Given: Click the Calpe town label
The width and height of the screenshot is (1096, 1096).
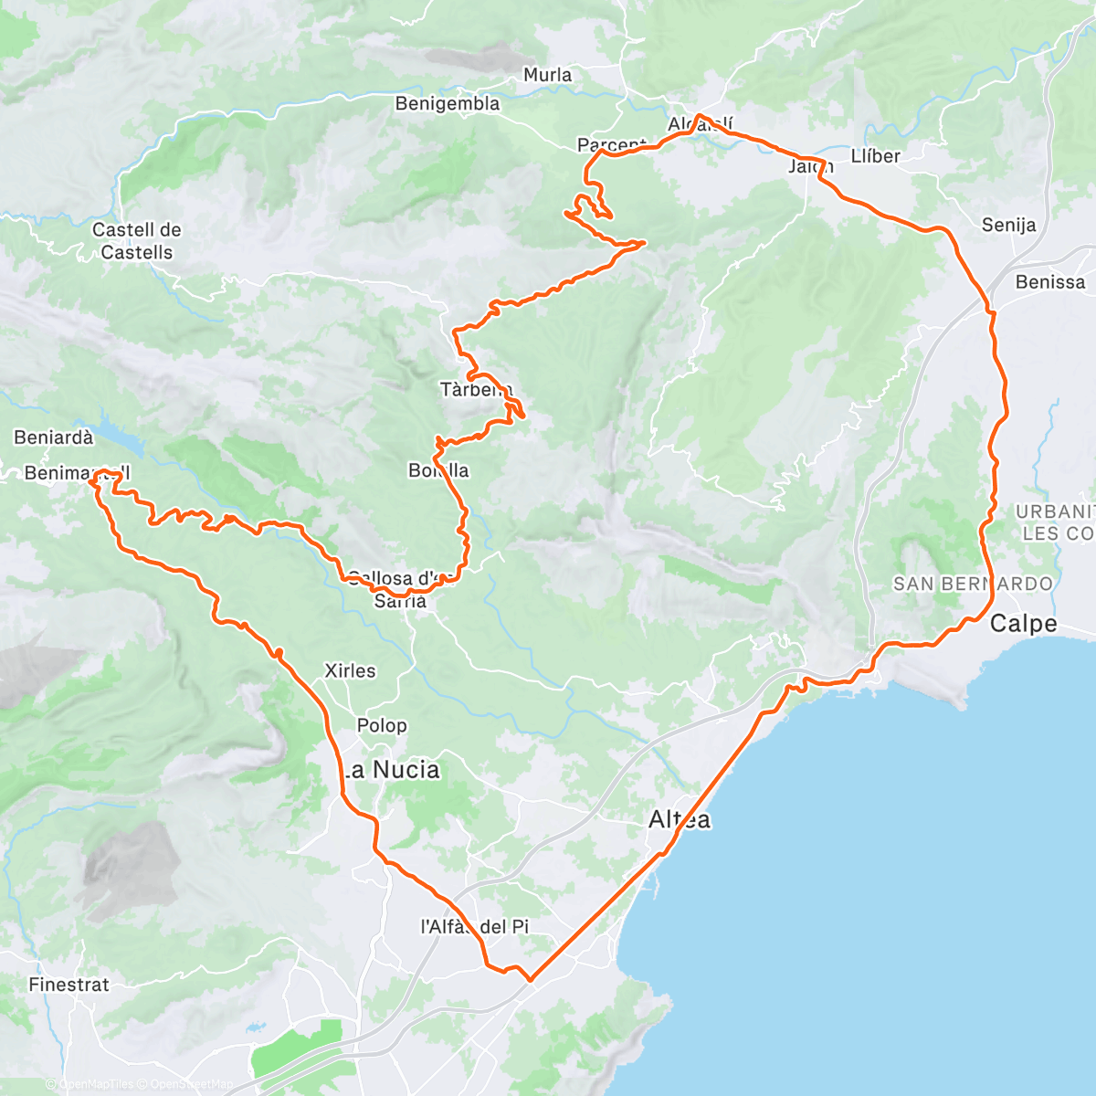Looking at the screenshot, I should point(1023,624).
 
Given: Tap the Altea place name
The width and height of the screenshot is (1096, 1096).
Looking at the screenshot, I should point(680,819).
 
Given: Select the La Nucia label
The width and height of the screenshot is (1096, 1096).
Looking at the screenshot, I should point(391,770).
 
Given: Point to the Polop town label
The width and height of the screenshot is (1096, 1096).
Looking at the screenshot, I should point(382,725).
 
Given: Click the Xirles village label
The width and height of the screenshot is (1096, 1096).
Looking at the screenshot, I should point(350,670).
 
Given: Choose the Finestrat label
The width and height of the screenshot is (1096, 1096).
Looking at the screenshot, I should point(68,985).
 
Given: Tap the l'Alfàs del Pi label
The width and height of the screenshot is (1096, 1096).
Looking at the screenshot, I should point(474,926).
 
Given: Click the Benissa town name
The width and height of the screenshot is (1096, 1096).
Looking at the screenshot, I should point(1050,282).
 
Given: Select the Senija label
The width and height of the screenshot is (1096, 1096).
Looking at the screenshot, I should point(1008,225).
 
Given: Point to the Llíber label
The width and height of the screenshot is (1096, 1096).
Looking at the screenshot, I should point(875,156).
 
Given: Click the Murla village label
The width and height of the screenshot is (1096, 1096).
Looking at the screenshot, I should point(547,75).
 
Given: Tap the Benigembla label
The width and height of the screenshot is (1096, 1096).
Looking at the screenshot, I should point(448,104).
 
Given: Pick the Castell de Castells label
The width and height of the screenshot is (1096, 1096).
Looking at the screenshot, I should point(137,241).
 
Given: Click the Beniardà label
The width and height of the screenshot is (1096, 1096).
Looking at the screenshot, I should point(53,437).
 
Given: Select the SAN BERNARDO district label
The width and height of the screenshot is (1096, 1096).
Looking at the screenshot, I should point(973,584).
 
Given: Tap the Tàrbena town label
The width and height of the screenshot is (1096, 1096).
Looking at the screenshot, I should point(476,390).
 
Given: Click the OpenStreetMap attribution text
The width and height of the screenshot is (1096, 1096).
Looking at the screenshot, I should point(187,1085).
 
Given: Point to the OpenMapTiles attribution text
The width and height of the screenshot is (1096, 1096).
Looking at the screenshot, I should point(95,1085).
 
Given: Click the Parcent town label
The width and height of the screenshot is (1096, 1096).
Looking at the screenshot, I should point(611,145).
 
